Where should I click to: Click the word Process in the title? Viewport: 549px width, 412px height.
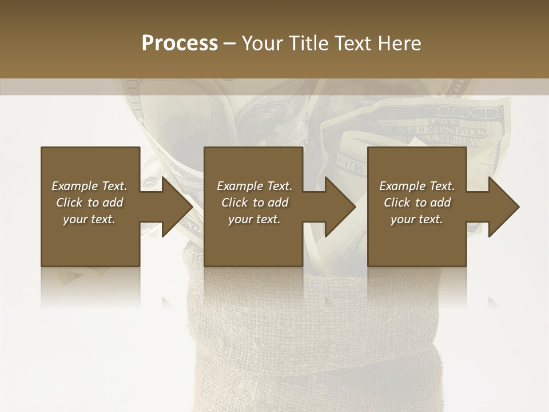180,43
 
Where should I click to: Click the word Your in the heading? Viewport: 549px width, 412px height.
262,43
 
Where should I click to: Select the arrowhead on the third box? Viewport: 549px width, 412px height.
503,207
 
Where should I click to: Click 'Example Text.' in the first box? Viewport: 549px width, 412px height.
89,186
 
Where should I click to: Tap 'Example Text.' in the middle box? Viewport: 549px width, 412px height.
254,186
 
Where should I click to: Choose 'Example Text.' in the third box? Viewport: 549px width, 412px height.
417,186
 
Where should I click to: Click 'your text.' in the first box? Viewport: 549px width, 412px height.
89,219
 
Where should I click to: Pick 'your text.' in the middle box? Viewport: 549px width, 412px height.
254,219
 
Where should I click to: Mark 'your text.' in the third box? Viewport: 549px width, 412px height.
417,219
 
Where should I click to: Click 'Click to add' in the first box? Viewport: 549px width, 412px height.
89,203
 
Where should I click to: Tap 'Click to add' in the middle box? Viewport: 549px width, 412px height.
254,203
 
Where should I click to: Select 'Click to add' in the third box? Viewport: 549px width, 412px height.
417,203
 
